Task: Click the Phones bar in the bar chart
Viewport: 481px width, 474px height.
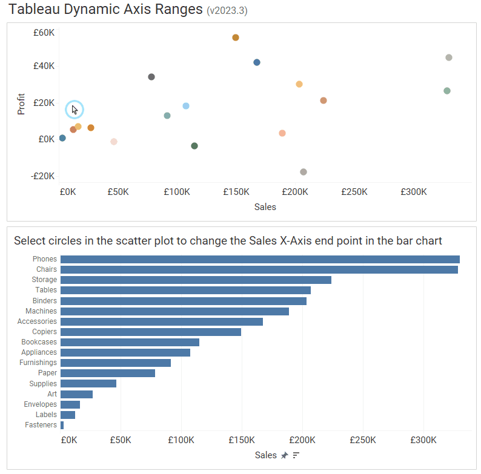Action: coord(260,259)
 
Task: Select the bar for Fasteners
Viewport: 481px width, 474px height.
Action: coord(62,425)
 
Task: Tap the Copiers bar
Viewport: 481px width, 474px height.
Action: coord(151,332)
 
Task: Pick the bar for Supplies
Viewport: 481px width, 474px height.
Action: coord(88,383)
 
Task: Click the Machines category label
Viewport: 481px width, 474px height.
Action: coord(41,311)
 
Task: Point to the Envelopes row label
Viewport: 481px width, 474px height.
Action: coord(41,404)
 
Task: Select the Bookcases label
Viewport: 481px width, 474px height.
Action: coord(39,342)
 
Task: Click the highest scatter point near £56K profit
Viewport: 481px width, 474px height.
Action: coord(236,38)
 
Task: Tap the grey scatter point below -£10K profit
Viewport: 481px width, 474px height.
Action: coord(304,172)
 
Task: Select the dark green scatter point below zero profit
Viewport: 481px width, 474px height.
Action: coord(194,146)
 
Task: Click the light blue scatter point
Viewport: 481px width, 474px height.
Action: coord(186,106)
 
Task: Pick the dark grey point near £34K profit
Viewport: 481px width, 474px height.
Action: coord(151,77)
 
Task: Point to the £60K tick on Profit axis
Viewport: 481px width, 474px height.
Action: coord(44,32)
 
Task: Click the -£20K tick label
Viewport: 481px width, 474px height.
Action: coord(43,176)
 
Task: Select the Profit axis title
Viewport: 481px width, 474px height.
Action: coord(21,104)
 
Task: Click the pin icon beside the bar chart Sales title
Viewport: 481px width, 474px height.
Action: coord(284,455)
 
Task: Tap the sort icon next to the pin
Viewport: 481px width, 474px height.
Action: coord(296,455)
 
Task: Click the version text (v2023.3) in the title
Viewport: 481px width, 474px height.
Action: coord(227,11)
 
